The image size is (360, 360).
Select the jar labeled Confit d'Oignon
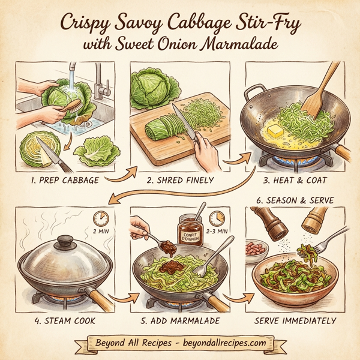click(191, 232)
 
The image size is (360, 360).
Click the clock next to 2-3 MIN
click(217, 217)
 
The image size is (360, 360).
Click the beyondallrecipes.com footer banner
click(180, 343)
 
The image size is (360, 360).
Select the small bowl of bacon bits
click(256, 247)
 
